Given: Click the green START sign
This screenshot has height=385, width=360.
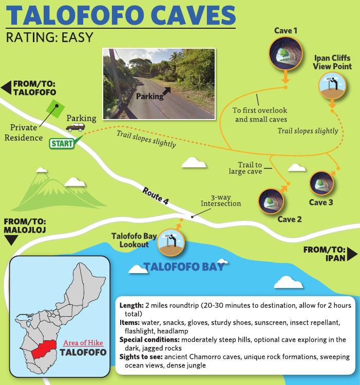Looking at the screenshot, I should click(61, 143).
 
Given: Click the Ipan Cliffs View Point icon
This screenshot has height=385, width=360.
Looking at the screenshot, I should click(332, 86).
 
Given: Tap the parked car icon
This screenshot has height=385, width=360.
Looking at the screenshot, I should click(75, 127).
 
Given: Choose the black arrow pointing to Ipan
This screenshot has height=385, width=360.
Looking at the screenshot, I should click(352, 254).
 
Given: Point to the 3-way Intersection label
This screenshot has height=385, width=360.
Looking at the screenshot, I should click(221, 200).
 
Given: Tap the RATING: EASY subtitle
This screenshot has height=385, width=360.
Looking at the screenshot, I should click(49, 37).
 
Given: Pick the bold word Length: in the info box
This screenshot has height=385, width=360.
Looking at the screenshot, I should click(131, 305).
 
